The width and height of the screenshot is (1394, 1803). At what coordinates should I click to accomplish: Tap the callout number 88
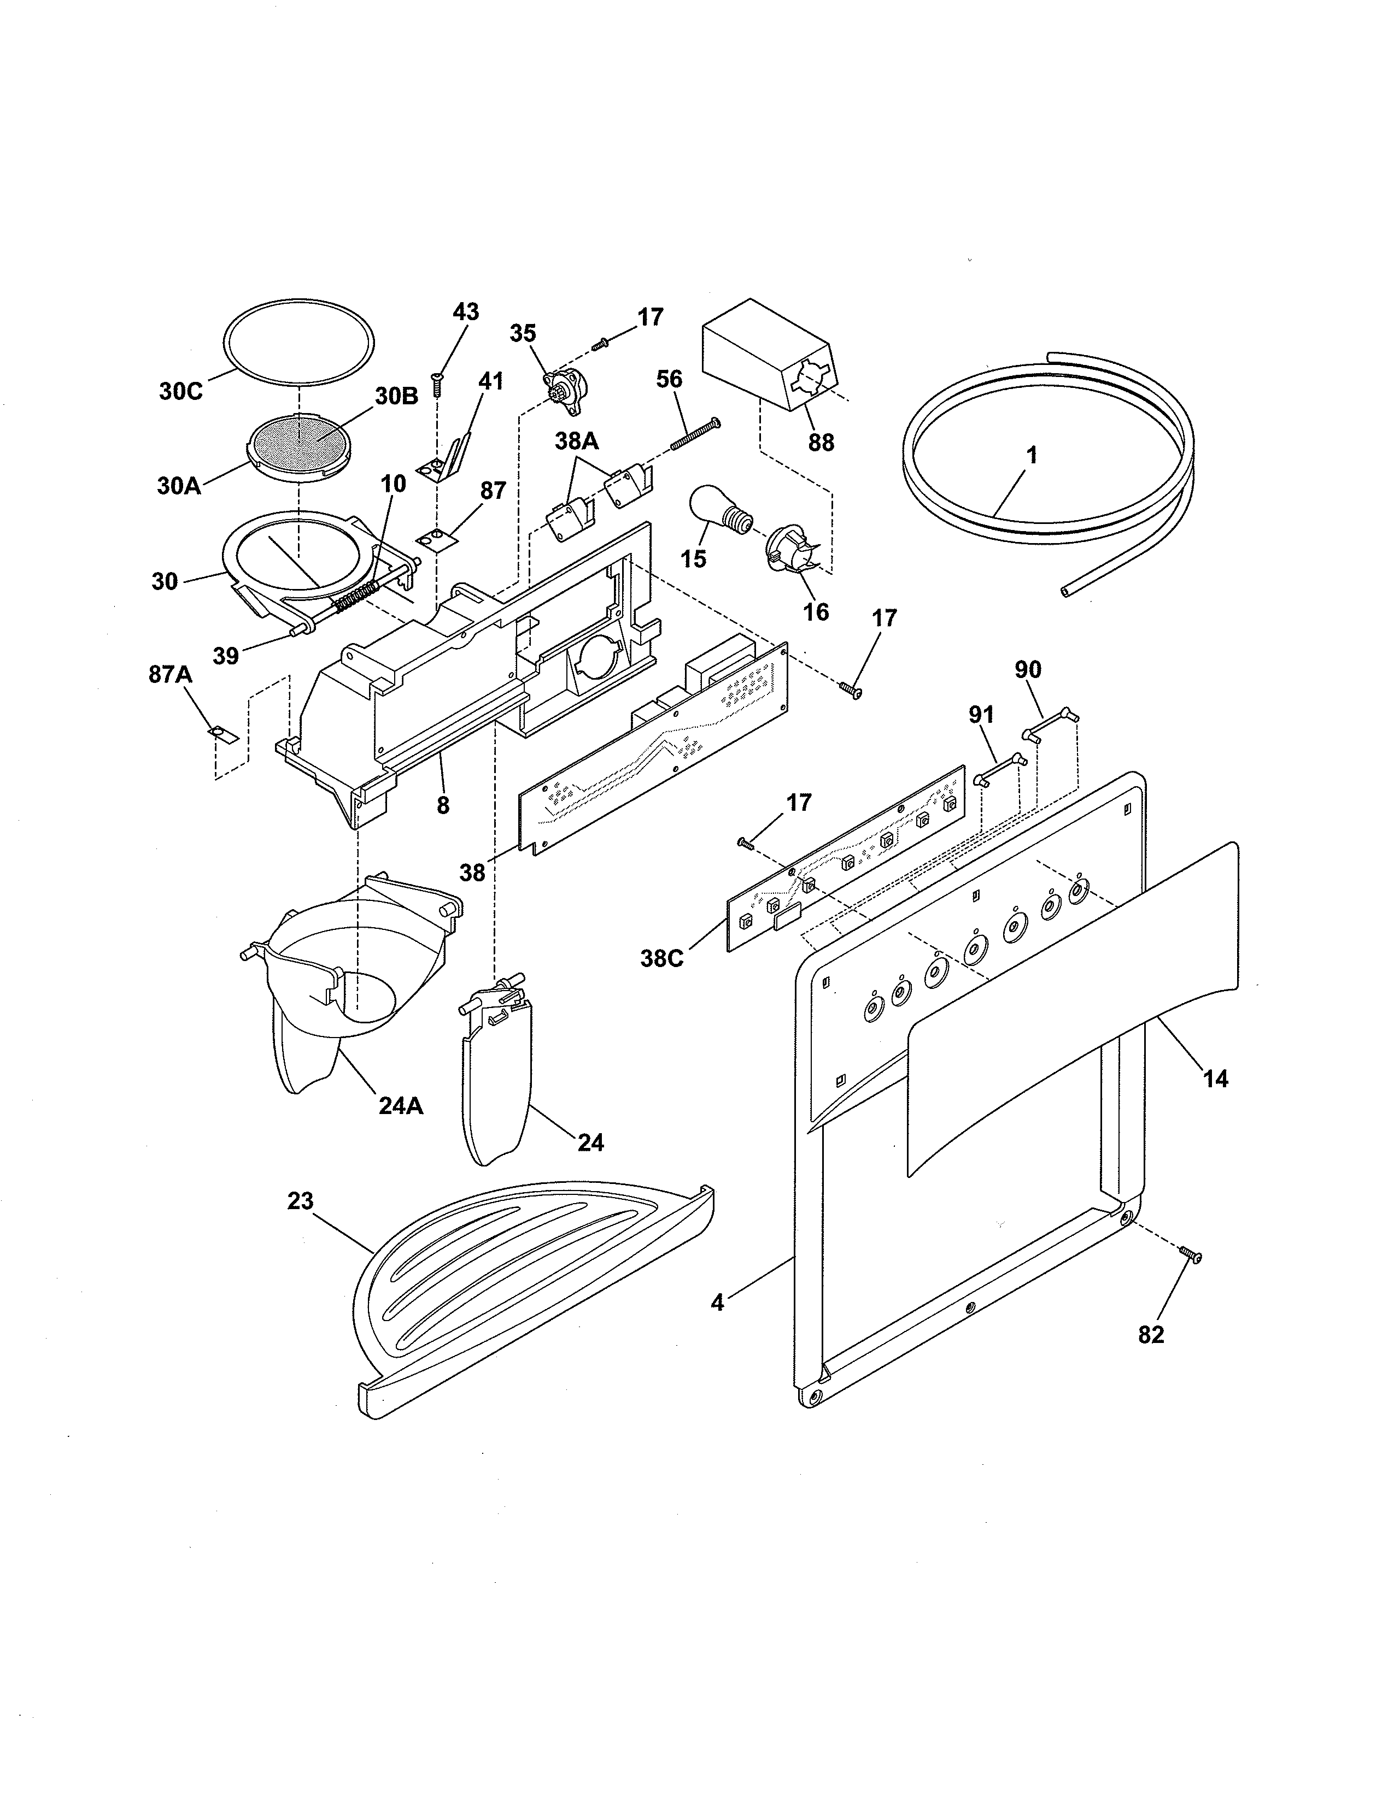coord(821,443)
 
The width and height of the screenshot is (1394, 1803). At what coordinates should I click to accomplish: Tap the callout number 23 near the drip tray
coord(301,1201)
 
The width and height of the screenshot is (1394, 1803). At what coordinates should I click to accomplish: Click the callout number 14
coord(1216,1078)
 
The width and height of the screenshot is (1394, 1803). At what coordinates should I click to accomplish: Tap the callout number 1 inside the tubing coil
coord(1032,455)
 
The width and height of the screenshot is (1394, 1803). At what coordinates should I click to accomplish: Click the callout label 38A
coord(576,441)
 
